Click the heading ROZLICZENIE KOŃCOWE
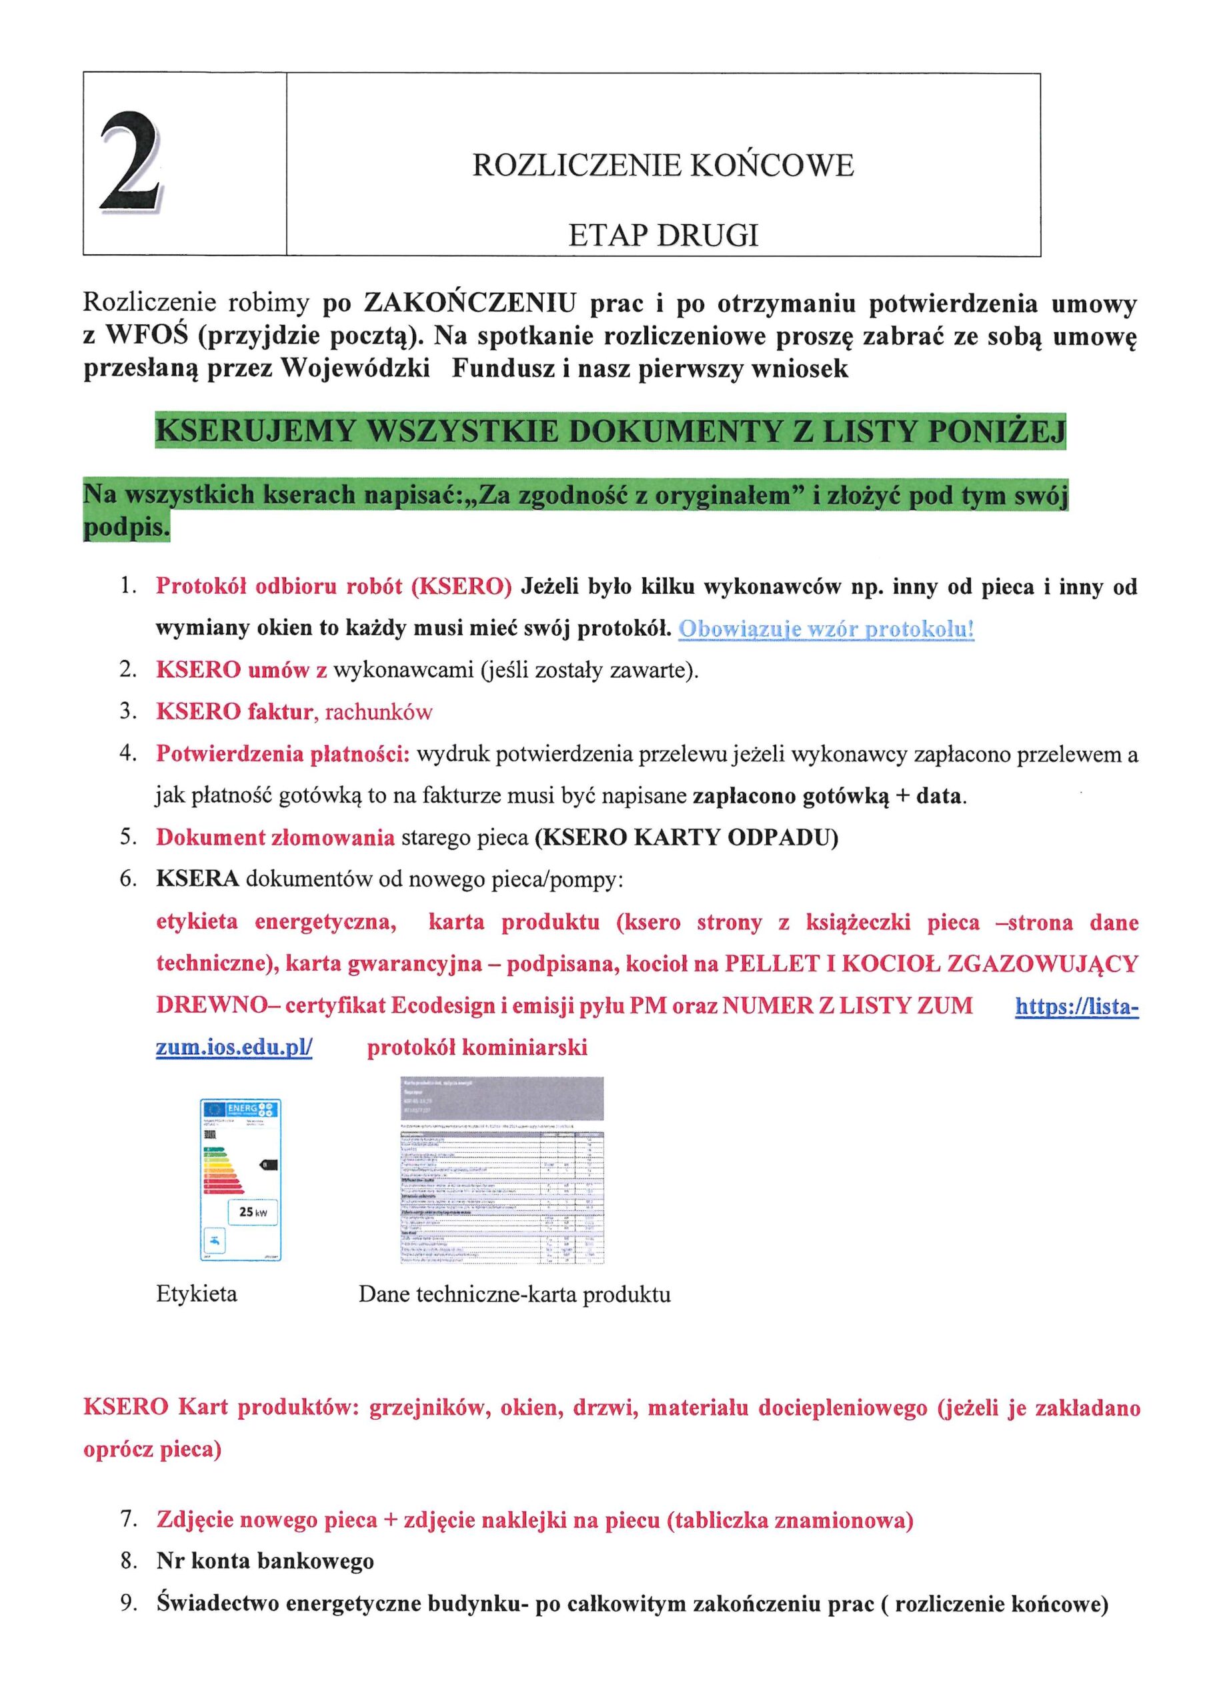click(x=663, y=166)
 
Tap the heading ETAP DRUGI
click(x=663, y=236)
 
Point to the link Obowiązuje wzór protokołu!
click(x=826, y=629)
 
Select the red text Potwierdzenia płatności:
click(x=283, y=755)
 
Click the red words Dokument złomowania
click(x=275, y=837)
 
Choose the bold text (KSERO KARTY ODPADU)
click(x=686, y=837)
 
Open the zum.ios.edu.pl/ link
click(x=234, y=1047)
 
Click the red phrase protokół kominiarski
click(x=477, y=1047)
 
